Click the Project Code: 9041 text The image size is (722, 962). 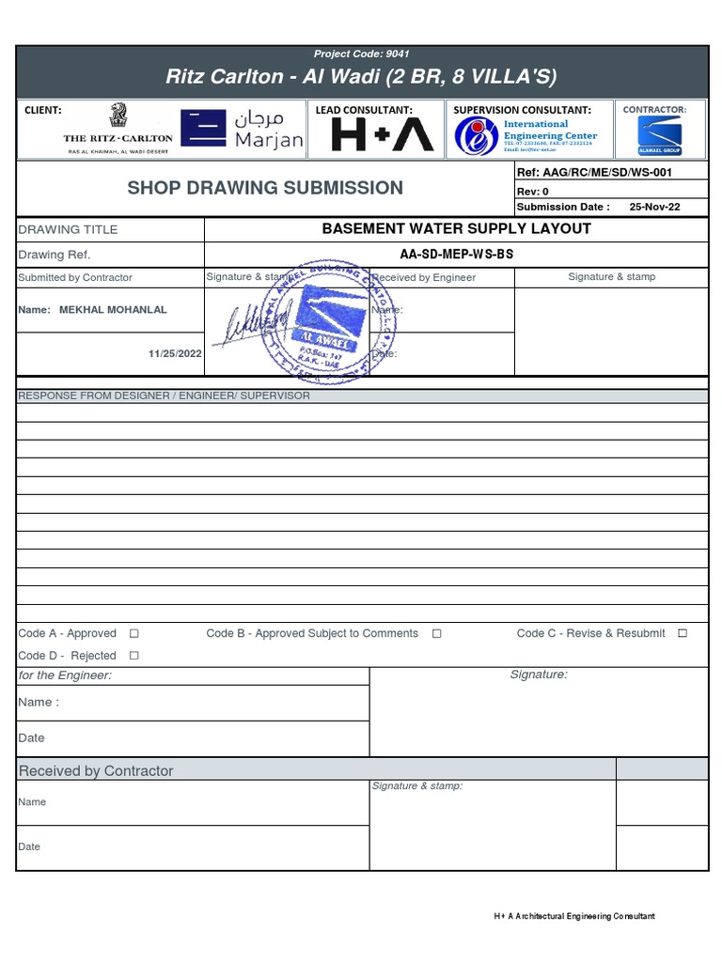(362, 54)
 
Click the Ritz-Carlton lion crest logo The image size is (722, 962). (118, 117)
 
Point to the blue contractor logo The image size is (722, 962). (659, 135)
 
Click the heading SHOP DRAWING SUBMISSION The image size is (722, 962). (265, 188)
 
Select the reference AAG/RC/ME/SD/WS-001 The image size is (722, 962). (608, 173)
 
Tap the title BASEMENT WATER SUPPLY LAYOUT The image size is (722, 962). (456, 228)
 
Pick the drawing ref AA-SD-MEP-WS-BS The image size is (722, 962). (456, 255)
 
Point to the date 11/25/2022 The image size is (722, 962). (175, 353)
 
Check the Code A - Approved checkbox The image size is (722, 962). (133, 634)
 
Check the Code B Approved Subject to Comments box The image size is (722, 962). (436, 634)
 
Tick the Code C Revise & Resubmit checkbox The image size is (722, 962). (683, 634)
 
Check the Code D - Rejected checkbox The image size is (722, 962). (133, 656)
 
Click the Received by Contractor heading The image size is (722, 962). (96, 770)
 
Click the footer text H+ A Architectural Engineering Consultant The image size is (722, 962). (573, 916)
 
